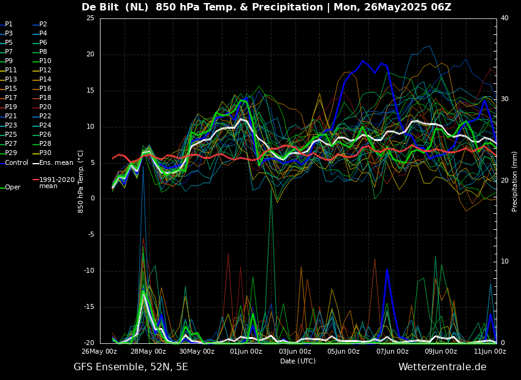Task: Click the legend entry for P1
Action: [9, 25]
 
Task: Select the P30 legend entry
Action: [45, 153]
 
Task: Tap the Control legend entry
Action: [16, 162]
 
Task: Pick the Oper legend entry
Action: [12, 188]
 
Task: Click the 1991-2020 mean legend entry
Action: [56, 183]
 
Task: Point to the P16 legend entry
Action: [45, 89]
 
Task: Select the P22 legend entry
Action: [45, 116]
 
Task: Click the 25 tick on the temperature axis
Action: [90, 18]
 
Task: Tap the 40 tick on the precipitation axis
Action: [504, 18]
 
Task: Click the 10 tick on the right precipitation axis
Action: [504, 262]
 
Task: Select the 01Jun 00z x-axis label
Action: [246, 352]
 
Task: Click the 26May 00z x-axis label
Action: [99, 352]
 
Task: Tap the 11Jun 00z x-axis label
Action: [490, 352]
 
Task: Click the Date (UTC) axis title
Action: [298, 362]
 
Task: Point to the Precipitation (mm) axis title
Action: [515, 181]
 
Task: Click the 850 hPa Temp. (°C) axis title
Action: [81, 181]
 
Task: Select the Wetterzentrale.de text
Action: [442, 367]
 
